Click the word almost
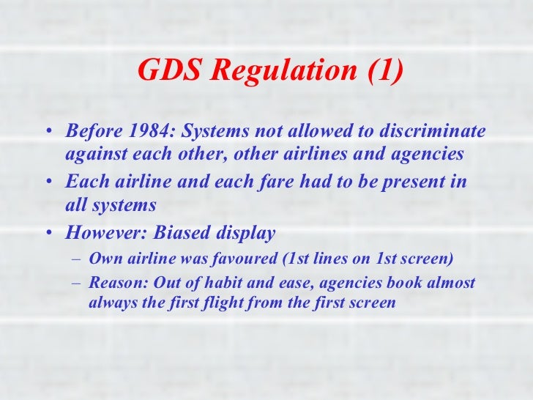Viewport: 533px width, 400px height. click(x=448, y=283)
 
